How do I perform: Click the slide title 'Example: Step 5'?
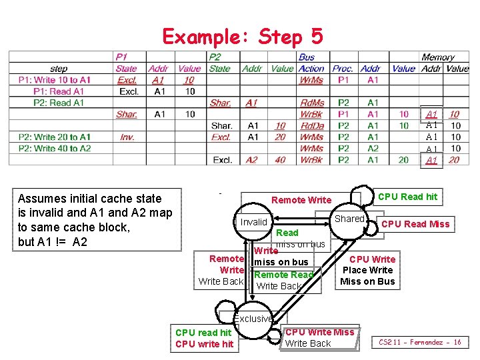[243, 36]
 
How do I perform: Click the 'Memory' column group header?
[438, 57]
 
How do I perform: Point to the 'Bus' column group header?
[307, 57]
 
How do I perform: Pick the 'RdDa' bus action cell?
[311, 125]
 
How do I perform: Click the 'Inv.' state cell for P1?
[127, 137]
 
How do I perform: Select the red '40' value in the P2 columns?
[281, 159]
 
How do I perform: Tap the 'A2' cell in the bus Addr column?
[373, 148]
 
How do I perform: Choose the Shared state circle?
[349, 219]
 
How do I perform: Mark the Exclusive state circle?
[255, 319]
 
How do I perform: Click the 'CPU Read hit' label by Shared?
[408, 197]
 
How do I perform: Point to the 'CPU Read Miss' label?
[415, 224]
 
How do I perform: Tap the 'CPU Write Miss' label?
[320, 332]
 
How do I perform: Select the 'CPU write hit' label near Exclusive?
[204, 344]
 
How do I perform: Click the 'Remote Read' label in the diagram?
[284, 275]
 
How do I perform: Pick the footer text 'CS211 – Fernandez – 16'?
[420, 342]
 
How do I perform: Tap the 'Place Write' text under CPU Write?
[367, 270]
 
